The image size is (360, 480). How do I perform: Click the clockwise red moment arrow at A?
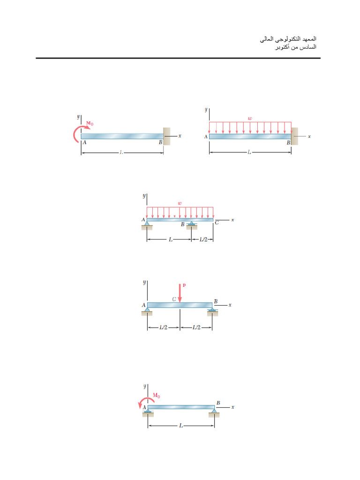[78, 133]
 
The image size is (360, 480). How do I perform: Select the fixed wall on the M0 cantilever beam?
[166, 136]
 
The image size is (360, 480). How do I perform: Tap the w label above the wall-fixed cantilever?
[250, 119]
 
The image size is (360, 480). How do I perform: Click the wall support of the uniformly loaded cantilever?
[294, 136]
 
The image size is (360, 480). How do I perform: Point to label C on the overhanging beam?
[217, 224]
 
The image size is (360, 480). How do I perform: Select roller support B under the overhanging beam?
[191, 226]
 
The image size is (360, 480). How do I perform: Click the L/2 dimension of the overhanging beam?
[203, 240]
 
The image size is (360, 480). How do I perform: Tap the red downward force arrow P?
[180, 292]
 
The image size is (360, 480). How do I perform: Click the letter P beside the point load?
[184, 285]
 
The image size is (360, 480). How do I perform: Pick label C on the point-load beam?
[174, 299]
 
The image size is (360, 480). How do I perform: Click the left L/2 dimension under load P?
[163, 328]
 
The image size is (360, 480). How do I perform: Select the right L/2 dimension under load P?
[196, 328]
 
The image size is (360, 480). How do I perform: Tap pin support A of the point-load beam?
[147, 311]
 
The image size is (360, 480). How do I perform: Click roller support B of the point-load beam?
[212, 311]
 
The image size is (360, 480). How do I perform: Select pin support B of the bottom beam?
[215, 412]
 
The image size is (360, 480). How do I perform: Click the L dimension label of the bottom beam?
[181, 426]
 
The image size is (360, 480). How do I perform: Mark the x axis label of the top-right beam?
[309, 136]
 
